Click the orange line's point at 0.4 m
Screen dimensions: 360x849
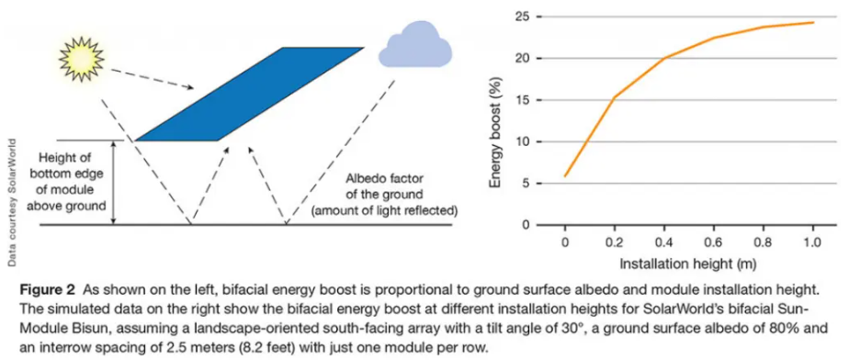[664, 59]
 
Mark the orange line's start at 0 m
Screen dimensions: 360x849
[565, 175]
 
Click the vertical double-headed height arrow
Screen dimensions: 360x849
[114, 183]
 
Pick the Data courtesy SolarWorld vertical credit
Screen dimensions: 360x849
[11, 201]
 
